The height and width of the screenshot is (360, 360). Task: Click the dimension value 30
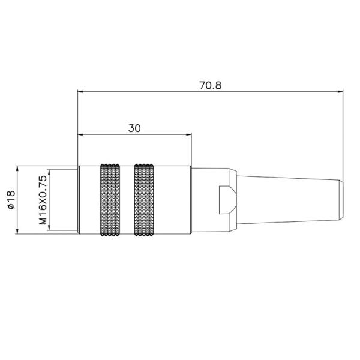pyautogui.click(x=134, y=128)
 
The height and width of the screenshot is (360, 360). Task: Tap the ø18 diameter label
pyautogui.click(x=11, y=199)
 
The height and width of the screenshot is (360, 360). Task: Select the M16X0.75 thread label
pyautogui.click(x=43, y=200)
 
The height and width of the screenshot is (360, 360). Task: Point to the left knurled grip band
pyautogui.click(x=110, y=199)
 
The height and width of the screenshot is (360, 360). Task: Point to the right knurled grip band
pyautogui.click(x=145, y=199)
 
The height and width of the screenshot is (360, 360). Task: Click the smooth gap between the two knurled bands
pyautogui.click(x=127, y=199)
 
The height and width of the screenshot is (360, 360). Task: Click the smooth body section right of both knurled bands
pyautogui.click(x=174, y=199)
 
